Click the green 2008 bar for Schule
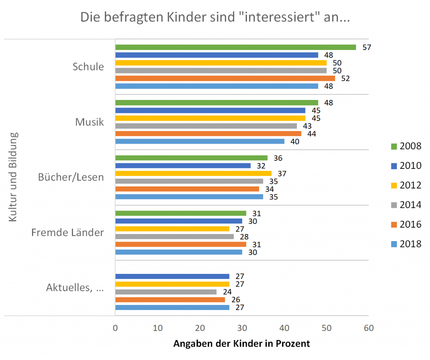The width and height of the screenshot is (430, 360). point(235,47)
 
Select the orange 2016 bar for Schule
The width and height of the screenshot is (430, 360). point(225,78)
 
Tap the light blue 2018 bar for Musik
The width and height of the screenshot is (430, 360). point(199,141)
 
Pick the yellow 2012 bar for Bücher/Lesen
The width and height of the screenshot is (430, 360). point(193,173)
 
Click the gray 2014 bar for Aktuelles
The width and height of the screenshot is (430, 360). point(166,292)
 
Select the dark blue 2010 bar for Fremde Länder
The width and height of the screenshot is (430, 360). point(178,221)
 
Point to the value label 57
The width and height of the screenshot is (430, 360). point(367,47)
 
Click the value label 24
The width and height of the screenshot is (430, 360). point(227,292)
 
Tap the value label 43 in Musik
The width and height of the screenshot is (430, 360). point(307,126)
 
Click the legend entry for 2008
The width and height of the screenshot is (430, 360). point(405,146)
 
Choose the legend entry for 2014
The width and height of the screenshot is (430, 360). point(405,205)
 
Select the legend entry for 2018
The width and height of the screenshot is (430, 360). point(405,244)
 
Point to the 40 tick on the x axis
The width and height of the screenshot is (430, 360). point(284,328)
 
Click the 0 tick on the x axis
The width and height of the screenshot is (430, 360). point(115,328)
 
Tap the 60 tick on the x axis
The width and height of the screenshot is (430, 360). point(368,328)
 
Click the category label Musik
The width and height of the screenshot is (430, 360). point(89,122)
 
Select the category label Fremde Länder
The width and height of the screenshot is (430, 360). point(68,232)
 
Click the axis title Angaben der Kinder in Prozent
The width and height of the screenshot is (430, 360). point(241,344)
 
